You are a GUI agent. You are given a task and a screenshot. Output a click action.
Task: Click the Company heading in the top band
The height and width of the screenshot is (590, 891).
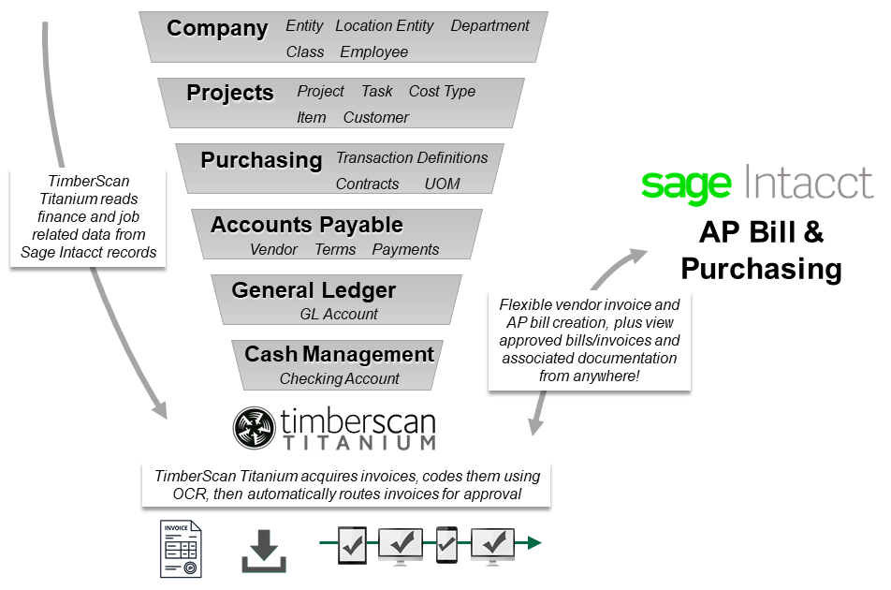click(x=217, y=28)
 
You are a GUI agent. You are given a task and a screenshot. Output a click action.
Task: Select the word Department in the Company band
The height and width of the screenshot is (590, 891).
click(x=489, y=26)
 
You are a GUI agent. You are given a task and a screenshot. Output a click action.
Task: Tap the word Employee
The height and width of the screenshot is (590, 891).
click(x=373, y=52)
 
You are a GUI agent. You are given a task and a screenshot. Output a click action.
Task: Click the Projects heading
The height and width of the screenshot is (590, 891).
click(x=229, y=93)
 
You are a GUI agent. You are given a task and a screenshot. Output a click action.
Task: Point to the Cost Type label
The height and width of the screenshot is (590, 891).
click(x=442, y=91)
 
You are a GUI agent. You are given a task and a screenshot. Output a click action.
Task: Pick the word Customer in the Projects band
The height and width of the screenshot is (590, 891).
click(x=375, y=117)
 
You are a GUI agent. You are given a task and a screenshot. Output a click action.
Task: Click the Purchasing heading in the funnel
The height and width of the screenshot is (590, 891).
click(x=261, y=159)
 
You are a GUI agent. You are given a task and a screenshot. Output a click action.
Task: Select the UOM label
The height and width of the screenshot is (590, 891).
click(x=442, y=184)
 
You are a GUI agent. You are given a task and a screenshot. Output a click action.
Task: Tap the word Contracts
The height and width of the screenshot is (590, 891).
click(x=367, y=184)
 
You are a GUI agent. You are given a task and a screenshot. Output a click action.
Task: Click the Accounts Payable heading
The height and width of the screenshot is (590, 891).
click(x=306, y=225)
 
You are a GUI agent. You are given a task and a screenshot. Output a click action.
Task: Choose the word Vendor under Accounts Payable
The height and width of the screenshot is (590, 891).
click(x=273, y=249)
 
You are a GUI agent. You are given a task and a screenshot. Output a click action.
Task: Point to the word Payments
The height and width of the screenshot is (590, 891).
click(x=405, y=249)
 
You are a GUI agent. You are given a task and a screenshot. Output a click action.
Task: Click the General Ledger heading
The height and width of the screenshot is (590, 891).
click(x=314, y=290)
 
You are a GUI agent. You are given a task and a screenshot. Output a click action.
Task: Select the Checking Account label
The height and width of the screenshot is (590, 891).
click(x=339, y=378)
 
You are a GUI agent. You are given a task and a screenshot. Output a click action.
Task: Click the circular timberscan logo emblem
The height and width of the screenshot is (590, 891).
click(x=254, y=429)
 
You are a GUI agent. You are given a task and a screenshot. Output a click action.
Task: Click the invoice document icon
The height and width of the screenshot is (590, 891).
click(x=181, y=549)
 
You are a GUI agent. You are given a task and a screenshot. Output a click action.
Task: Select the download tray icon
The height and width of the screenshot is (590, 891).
click(x=264, y=551)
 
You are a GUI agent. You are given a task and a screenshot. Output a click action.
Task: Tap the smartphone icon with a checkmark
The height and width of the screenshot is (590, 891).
click(x=446, y=543)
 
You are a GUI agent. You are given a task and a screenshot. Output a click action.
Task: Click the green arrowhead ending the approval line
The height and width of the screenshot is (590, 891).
click(x=533, y=542)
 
